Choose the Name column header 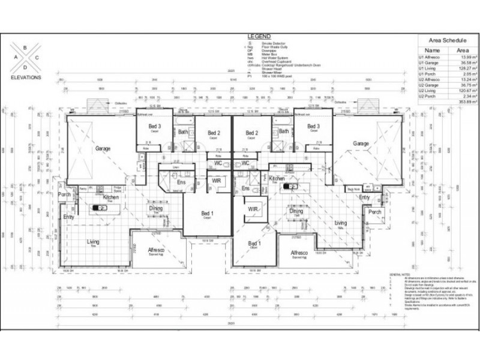(x=432, y=51)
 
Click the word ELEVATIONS (x=26, y=78)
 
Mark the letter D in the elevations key (x=25, y=67)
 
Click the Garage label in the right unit (x=361, y=143)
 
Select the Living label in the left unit (x=93, y=242)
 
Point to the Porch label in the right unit (x=375, y=212)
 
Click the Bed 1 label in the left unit (x=207, y=214)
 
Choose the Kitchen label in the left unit (x=111, y=197)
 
